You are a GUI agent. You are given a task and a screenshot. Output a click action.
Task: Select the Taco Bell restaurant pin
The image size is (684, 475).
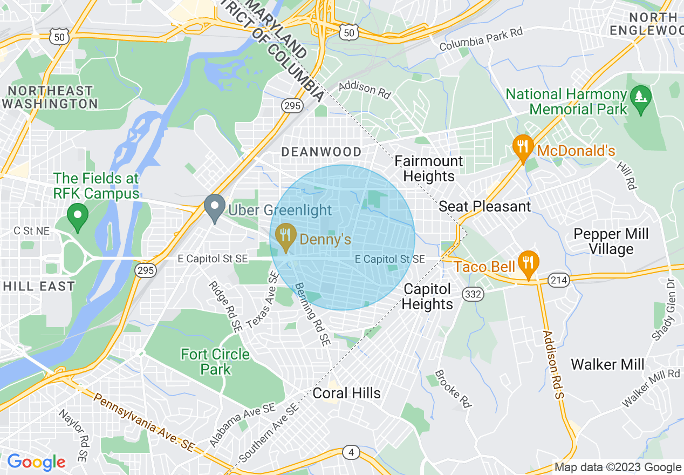pyautogui.click(x=528, y=263)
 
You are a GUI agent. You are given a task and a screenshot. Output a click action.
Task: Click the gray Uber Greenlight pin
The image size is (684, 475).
pyautogui.click(x=215, y=207)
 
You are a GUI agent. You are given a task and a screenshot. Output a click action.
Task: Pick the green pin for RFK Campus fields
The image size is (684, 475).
pyautogui.click(x=78, y=218)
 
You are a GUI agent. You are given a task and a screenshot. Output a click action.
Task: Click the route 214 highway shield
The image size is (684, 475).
pyautogui.click(x=557, y=280)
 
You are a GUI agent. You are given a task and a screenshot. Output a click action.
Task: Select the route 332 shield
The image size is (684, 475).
pyautogui.click(x=473, y=294)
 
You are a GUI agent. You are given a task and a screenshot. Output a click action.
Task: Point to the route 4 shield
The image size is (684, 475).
pyautogui.click(x=351, y=452)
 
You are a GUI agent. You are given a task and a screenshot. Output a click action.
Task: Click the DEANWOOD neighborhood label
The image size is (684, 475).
pyautogui.click(x=322, y=152)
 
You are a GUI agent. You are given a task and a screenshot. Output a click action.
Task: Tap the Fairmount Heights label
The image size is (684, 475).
pyautogui.click(x=429, y=168)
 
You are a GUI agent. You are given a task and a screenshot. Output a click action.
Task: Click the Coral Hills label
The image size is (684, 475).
pyautogui.click(x=346, y=393)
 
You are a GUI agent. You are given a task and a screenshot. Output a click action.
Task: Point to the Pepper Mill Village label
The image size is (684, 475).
pyautogui.click(x=611, y=241)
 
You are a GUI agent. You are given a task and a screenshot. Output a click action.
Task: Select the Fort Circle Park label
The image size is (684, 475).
pyautogui.click(x=215, y=362)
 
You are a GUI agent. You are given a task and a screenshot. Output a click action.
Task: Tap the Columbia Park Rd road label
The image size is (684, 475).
pyautogui.click(x=481, y=39)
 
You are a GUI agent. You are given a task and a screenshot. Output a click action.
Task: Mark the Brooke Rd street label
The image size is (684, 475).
pyautogui.click(x=453, y=388)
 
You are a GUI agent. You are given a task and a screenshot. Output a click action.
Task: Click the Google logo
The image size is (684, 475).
pyautogui.click(x=36, y=462)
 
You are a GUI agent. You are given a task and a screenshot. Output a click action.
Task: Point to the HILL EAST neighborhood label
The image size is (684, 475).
pyautogui.click(x=39, y=286)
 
